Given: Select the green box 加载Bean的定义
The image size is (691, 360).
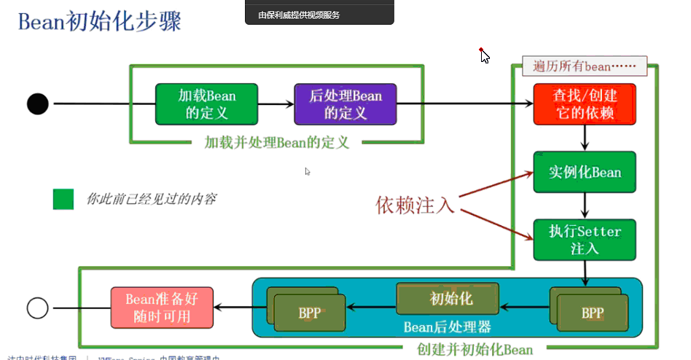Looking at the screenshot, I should [207, 103].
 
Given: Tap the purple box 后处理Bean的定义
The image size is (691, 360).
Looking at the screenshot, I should [345, 103].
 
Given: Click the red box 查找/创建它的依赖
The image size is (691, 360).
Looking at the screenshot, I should [585, 104].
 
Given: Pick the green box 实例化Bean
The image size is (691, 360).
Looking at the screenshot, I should [585, 172].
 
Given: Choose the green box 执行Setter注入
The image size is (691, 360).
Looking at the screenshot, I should [585, 240].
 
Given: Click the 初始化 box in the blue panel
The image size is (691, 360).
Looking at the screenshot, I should [448, 299].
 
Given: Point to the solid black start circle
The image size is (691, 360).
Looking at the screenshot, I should [38, 104].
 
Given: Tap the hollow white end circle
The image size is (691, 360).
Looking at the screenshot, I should [38, 308].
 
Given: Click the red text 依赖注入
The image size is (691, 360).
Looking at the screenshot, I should [415, 206].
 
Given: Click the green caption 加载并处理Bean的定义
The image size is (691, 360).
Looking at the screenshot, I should [277, 142].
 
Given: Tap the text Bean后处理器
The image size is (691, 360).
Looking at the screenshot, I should [448, 327].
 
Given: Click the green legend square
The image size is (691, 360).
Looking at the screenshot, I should [63, 199].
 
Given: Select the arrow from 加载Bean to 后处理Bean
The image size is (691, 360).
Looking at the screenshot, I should [276, 104].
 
